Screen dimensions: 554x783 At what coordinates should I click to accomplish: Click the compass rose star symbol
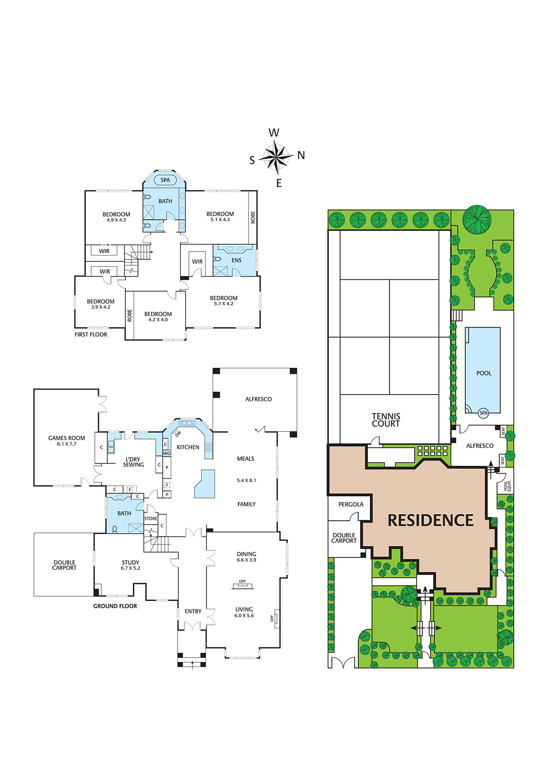click(278, 157)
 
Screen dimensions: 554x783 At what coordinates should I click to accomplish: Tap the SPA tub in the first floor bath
click(165, 180)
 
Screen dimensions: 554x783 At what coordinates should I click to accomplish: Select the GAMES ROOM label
click(67, 438)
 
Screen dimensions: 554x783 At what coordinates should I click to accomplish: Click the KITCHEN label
click(188, 447)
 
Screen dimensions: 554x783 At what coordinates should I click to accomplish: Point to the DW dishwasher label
click(178, 434)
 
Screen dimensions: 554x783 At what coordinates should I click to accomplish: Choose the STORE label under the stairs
click(151, 518)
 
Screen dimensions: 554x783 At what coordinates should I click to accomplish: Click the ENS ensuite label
click(236, 260)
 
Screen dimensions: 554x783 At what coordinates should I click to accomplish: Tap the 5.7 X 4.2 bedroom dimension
click(224, 304)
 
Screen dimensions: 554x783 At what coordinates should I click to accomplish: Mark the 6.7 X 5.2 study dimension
click(130, 568)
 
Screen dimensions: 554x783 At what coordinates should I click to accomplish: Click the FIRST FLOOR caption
click(91, 335)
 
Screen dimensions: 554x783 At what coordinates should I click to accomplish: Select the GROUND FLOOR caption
click(115, 606)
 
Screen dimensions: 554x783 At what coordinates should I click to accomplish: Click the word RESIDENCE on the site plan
click(430, 521)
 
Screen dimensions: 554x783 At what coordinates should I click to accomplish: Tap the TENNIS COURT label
click(386, 420)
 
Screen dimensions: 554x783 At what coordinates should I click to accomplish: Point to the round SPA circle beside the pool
click(484, 413)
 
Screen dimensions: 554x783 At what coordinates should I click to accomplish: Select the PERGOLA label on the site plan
click(350, 505)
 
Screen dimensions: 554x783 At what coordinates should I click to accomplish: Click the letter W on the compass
click(274, 133)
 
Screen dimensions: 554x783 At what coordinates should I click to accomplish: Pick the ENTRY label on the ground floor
click(193, 611)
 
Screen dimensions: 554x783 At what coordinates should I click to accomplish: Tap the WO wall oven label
click(167, 453)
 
